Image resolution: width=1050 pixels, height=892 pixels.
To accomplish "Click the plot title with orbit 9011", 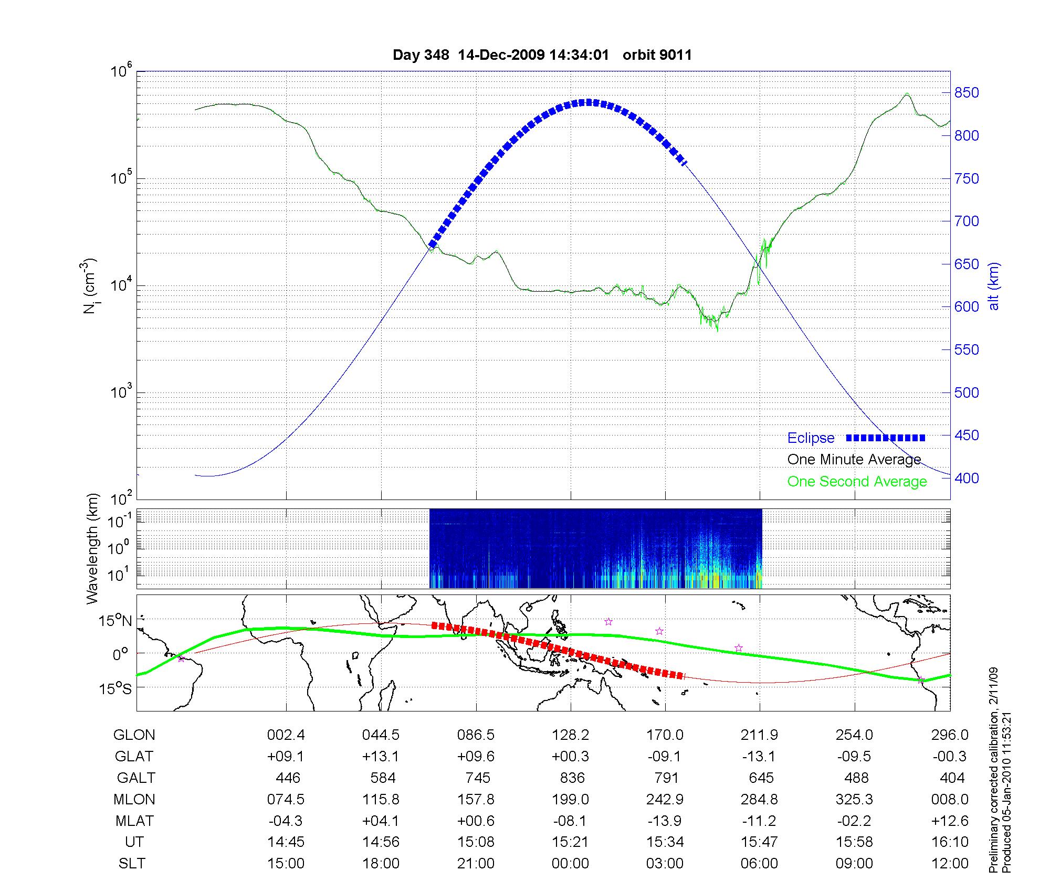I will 542,55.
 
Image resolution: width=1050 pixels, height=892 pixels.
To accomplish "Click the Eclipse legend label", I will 811,438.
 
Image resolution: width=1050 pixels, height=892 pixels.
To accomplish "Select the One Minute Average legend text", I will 854,460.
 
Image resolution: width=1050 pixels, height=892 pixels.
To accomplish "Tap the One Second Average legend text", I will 857,482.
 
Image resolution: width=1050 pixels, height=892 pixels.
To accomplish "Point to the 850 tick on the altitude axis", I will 967,93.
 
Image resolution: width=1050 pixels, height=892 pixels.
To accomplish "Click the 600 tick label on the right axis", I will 967,307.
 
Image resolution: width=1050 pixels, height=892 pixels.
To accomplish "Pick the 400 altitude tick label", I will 967,478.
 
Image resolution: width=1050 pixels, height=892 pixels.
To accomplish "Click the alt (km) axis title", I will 994,286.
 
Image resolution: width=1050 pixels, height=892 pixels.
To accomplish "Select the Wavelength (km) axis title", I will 92,549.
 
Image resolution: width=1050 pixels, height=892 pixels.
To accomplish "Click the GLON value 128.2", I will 570,735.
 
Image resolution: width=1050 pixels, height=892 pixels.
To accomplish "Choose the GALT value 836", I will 572,778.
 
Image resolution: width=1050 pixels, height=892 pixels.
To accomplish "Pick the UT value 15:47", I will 760,842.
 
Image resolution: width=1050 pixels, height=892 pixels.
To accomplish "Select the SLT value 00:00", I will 570,863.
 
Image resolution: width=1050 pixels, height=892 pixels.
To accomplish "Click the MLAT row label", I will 134,821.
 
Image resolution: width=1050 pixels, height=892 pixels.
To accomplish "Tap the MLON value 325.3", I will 854,799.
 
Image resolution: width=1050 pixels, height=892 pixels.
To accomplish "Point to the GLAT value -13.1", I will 760,756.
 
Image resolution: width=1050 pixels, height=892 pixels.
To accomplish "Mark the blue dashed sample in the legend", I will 886,438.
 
